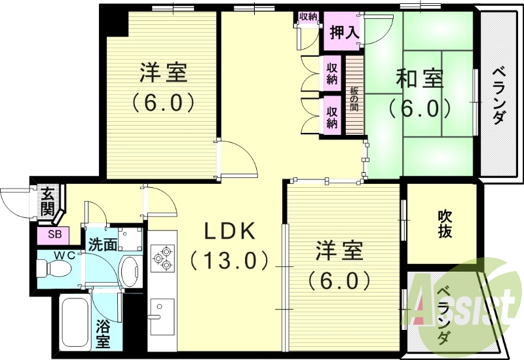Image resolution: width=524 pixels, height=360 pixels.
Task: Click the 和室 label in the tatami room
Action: click(420, 79)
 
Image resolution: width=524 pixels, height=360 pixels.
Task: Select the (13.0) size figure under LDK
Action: click(229, 260)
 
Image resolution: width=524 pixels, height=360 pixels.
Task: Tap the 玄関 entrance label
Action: click(47, 201)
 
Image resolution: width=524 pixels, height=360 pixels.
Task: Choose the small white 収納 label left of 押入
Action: click(308, 17)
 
